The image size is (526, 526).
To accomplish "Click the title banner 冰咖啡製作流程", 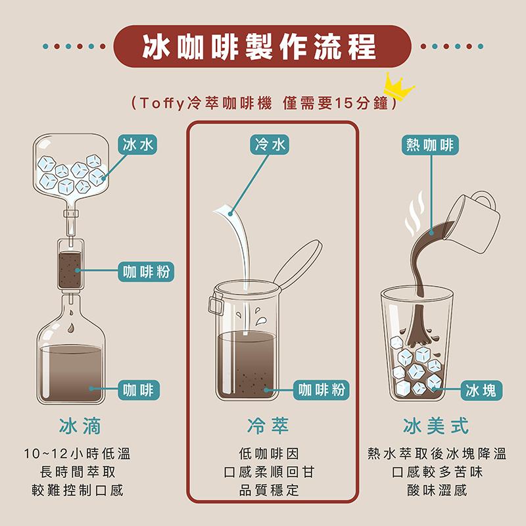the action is [262, 46].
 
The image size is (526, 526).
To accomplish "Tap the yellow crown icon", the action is [398, 87].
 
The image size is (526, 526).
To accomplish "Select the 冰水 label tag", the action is [137, 145].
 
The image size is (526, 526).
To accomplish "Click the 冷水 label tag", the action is [270, 145].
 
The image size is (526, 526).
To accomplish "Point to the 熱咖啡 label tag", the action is [430, 145].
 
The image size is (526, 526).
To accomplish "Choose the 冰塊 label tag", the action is [481, 390].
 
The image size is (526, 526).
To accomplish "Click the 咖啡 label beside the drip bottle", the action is [139, 390].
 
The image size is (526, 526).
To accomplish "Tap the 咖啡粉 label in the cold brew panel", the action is [322, 390].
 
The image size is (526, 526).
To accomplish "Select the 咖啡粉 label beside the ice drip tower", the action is [146, 272].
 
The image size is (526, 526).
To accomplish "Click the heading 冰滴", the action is [80, 426].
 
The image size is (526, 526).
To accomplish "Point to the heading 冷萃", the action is [268, 426].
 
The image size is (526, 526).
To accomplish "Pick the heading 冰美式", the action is [435, 426].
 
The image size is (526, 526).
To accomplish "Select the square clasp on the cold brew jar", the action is [216, 304].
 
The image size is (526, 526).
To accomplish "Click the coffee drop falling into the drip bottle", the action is [71, 327].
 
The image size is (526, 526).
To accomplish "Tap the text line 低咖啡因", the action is [269, 454].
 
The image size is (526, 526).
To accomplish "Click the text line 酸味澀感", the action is [437, 490].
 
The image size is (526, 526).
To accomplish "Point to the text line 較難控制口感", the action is [78, 490].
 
